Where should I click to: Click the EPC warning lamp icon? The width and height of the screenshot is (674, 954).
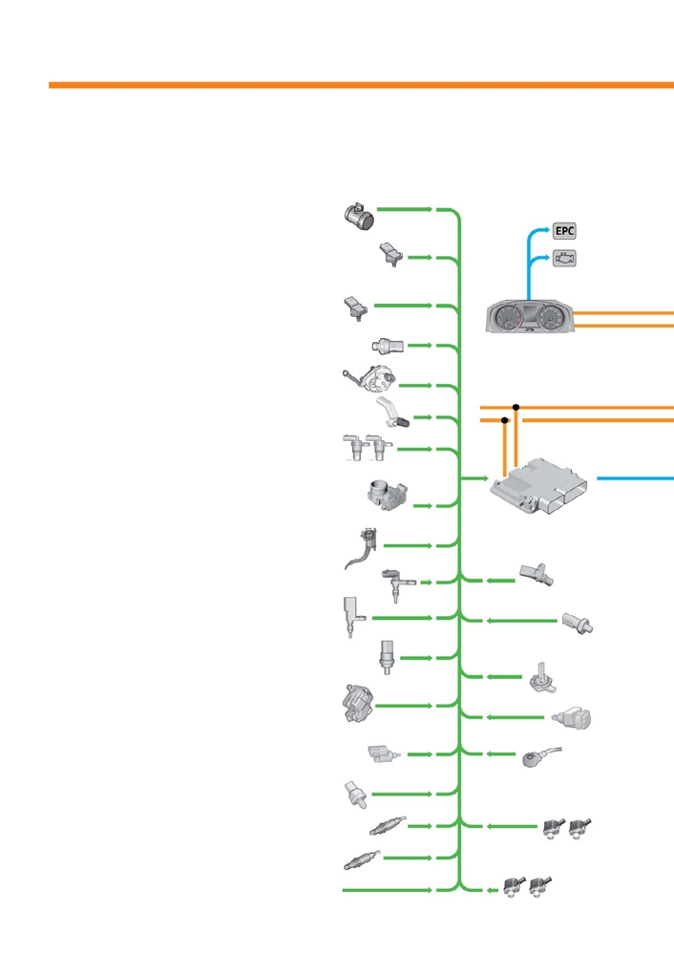(564, 231)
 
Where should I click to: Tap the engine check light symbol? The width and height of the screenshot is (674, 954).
(564, 259)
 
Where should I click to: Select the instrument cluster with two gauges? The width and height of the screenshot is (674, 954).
(530, 316)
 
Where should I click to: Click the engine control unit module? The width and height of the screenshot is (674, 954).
(539, 486)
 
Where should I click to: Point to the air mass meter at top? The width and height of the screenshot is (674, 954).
(359, 216)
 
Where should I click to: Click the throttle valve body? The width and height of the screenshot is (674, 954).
(388, 495)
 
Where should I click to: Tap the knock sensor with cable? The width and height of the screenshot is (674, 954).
(541, 757)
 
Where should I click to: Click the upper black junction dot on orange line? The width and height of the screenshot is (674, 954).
(516, 407)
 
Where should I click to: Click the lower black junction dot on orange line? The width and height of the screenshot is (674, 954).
(504, 420)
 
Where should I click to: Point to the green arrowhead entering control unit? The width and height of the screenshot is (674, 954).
(485, 478)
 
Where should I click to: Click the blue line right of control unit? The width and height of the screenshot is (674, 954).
(635, 478)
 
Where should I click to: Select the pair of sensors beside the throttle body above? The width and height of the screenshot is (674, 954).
(368, 448)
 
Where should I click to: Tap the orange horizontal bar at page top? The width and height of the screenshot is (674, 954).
(361, 85)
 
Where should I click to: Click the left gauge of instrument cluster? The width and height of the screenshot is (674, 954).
(507, 317)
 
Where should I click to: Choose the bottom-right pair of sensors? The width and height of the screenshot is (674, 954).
(527, 886)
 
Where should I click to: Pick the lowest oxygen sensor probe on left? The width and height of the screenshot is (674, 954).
(362, 860)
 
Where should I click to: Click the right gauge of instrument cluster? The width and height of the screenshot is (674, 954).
(551, 317)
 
